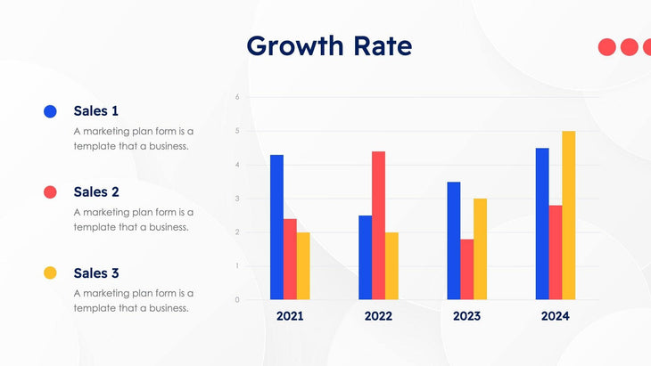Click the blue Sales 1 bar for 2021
[x=276, y=227]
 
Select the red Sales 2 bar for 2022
[x=378, y=225]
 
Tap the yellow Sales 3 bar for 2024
[x=568, y=215]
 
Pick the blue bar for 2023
[x=454, y=240]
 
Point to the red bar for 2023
[x=466, y=269]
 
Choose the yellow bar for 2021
[x=303, y=265]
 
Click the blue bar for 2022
[x=365, y=256]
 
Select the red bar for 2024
[x=555, y=252]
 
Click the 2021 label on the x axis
[x=290, y=316]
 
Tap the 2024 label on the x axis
[x=555, y=316]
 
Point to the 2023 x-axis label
[x=466, y=316]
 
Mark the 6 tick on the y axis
[x=236, y=96]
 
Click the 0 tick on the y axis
[x=236, y=300]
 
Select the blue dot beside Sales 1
[x=50, y=111]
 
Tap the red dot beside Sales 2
[x=50, y=191]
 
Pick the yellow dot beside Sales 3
[x=50, y=272]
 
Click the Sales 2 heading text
[x=95, y=191]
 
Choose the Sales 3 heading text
[x=95, y=272]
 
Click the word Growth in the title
[x=291, y=45]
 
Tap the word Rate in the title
[x=378, y=45]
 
